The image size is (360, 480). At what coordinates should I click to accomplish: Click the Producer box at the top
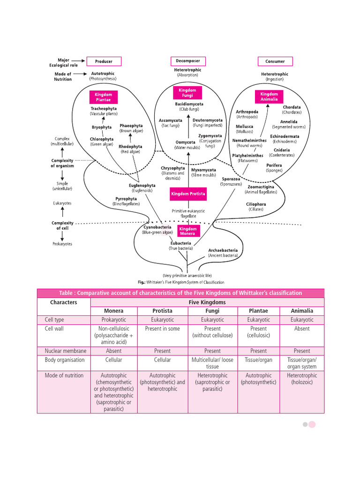pos(104,61)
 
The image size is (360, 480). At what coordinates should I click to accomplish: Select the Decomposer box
pos(187,61)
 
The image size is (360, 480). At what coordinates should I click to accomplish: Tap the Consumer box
pos(275,61)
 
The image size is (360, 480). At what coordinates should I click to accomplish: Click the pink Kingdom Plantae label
pos(104,97)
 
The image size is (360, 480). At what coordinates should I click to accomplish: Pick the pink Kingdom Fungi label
pos(187,92)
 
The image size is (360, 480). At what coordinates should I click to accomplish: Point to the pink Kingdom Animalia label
pos(269,97)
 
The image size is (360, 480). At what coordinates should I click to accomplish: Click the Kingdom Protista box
pos(187,194)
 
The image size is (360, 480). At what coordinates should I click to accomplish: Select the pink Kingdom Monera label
pos(188,231)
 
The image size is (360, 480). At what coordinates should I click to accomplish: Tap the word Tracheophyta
pos(104,109)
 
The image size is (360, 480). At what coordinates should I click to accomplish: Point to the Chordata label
pos(292,107)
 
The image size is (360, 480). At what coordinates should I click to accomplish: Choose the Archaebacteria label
pos(223,250)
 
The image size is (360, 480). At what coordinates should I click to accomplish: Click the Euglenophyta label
pos(142,186)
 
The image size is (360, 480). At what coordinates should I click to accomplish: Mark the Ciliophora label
pos(255,204)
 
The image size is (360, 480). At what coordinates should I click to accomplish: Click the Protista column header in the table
pos(162,311)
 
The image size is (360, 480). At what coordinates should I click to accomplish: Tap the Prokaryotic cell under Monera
pos(113,320)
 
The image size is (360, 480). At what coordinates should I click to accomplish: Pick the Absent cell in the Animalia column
pos(301,329)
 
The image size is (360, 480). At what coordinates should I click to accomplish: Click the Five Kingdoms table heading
pos(207,302)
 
